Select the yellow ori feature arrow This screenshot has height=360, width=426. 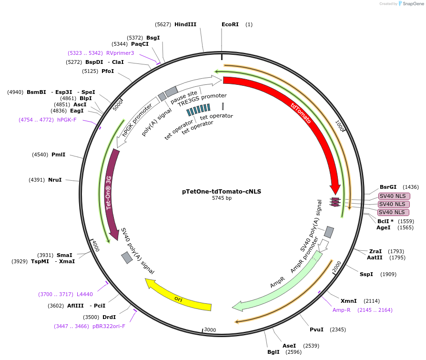(179, 298)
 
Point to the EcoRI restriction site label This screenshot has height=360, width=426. (230, 24)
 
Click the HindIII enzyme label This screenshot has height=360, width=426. (185, 24)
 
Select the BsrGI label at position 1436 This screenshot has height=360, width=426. (388, 187)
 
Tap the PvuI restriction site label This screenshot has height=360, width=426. (316, 329)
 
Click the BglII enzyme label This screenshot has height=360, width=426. (274, 352)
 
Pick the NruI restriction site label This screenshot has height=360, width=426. (55, 180)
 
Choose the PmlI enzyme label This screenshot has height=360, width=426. (58, 154)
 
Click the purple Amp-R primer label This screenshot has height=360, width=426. (342, 310)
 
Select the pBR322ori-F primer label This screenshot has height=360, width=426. (109, 326)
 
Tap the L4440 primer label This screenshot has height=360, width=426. (85, 294)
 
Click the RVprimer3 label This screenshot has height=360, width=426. (120, 53)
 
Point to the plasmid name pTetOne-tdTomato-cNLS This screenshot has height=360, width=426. (222, 191)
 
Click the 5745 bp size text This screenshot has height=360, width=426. (222, 198)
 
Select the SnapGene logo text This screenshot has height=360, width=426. (413, 4)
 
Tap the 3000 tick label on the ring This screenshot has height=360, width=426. (210, 330)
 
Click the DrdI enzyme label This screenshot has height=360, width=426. (109, 317)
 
